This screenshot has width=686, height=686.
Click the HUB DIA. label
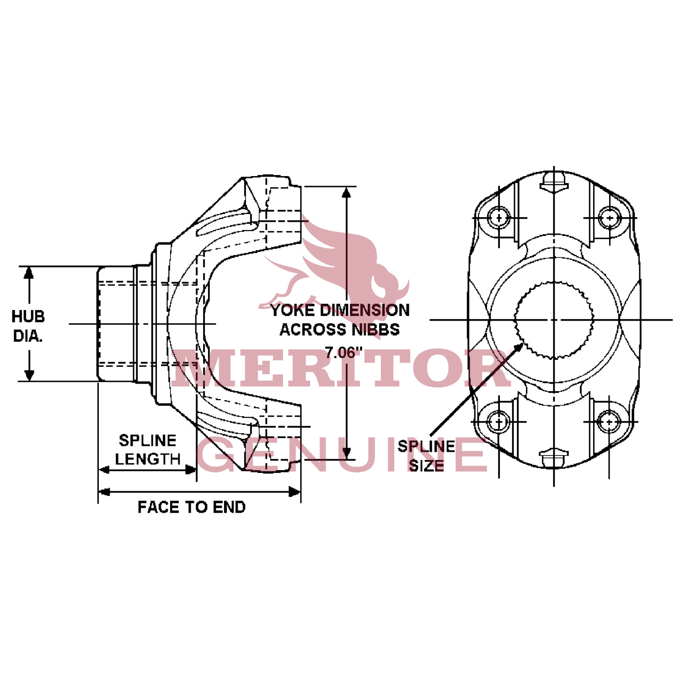click(28, 326)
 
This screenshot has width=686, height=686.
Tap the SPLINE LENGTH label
click(147, 450)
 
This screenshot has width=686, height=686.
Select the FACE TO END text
click(192, 507)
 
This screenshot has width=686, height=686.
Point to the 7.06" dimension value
click(343, 353)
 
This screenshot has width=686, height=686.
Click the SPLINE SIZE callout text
click(426, 456)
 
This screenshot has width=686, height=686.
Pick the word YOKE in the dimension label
click(293, 311)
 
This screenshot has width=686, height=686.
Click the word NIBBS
click(377, 329)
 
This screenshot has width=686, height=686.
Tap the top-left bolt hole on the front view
click(498, 218)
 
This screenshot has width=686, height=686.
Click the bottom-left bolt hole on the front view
click(498, 421)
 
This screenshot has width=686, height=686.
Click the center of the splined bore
click(554, 320)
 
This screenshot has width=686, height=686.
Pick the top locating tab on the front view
click(554, 182)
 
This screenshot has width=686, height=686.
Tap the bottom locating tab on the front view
click(554, 457)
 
